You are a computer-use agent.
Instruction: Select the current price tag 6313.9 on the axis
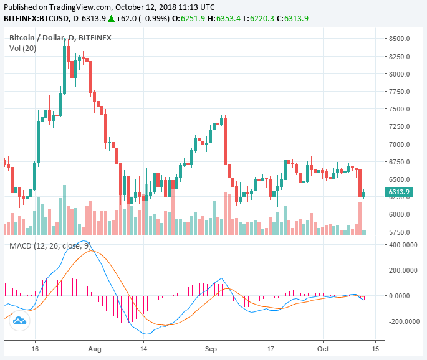click(x=399, y=192)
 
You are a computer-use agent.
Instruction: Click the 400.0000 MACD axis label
click(x=402, y=244)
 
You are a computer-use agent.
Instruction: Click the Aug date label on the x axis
click(x=95, y=350)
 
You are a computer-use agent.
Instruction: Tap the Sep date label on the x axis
click(x=211, y=350)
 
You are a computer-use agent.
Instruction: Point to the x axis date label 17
click(x=271, y=350)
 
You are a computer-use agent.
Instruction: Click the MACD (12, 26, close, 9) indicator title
click(x=49, y=245)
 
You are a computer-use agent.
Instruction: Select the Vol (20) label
click(x=23, y=49)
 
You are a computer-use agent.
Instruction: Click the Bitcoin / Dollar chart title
click(x=37, y=38)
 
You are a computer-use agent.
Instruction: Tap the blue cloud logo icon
click(x=19, y=321)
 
